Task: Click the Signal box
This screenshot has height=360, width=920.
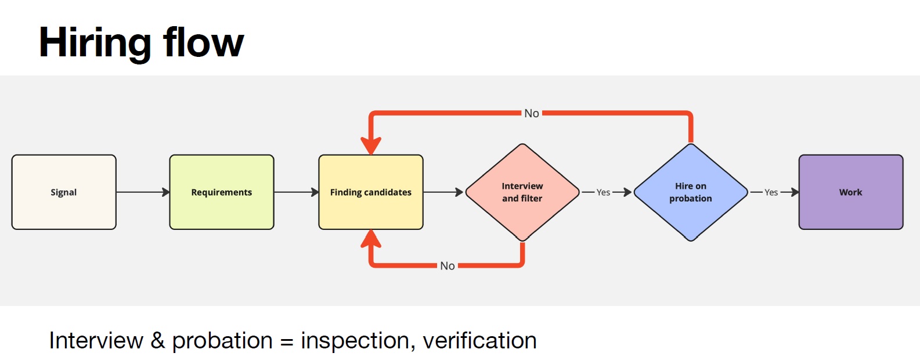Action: click(64, 192)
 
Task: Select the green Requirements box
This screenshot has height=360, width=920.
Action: click(221, 192)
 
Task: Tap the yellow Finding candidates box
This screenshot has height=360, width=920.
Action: click(370, 192)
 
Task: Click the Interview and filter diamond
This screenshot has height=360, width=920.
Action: click(522, 192)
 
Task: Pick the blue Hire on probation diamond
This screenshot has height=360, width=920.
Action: click(690, 192)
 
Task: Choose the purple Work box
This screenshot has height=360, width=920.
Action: click(850, 192)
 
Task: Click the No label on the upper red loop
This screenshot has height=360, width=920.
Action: click(532, 113)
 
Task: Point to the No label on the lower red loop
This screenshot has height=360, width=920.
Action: click(447, 266)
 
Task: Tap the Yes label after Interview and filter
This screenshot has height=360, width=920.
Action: click(603, 192)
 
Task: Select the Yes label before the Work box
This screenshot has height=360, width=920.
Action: click(771, 192)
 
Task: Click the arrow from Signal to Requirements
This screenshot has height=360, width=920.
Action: click(143, 192)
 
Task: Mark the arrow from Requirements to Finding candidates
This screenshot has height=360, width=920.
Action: click(296, 192)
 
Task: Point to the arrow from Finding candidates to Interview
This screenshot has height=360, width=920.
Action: click(443, 192)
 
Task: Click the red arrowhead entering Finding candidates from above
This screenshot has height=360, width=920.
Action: click(371, 145)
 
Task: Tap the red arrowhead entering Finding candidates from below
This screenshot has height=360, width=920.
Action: click(371, 239)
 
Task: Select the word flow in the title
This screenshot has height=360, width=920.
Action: click(203, 42)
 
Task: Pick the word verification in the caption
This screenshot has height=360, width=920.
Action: click(479, 341)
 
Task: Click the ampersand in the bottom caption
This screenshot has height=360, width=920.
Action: click(157, 341)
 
